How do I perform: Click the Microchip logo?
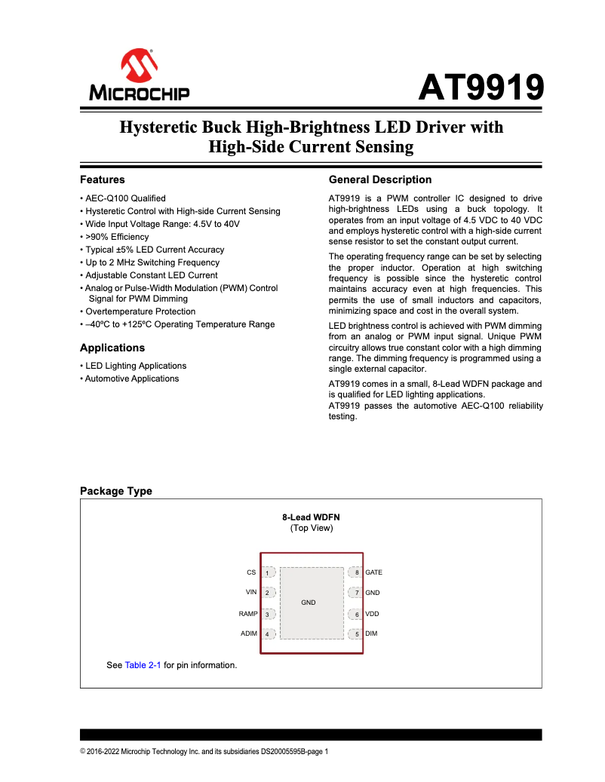(x=140, y=76)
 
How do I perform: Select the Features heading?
(x=103, y=179)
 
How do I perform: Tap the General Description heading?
(x=380, y=179)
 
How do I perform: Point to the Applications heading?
(x=112, y=348)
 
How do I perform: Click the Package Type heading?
(x=116, y=491)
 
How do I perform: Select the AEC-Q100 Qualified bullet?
(x=124, y=198)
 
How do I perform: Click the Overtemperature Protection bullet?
(x=140, y=311)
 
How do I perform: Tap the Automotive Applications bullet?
(x=131, y=379)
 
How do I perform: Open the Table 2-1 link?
(x=143, y=665)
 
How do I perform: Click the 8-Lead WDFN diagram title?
(x=311, y=517)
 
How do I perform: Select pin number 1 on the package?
(x=267, y=573)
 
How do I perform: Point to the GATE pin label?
(x=373, y=572)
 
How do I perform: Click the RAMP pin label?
(x=248, y=614)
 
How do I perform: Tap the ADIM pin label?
(x=249, y=633)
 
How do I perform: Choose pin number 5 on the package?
(x=357, y=634)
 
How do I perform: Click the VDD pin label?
(x=372, y=614)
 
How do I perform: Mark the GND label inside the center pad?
(x=309, y=603)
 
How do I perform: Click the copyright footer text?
(x=204, y=751)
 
